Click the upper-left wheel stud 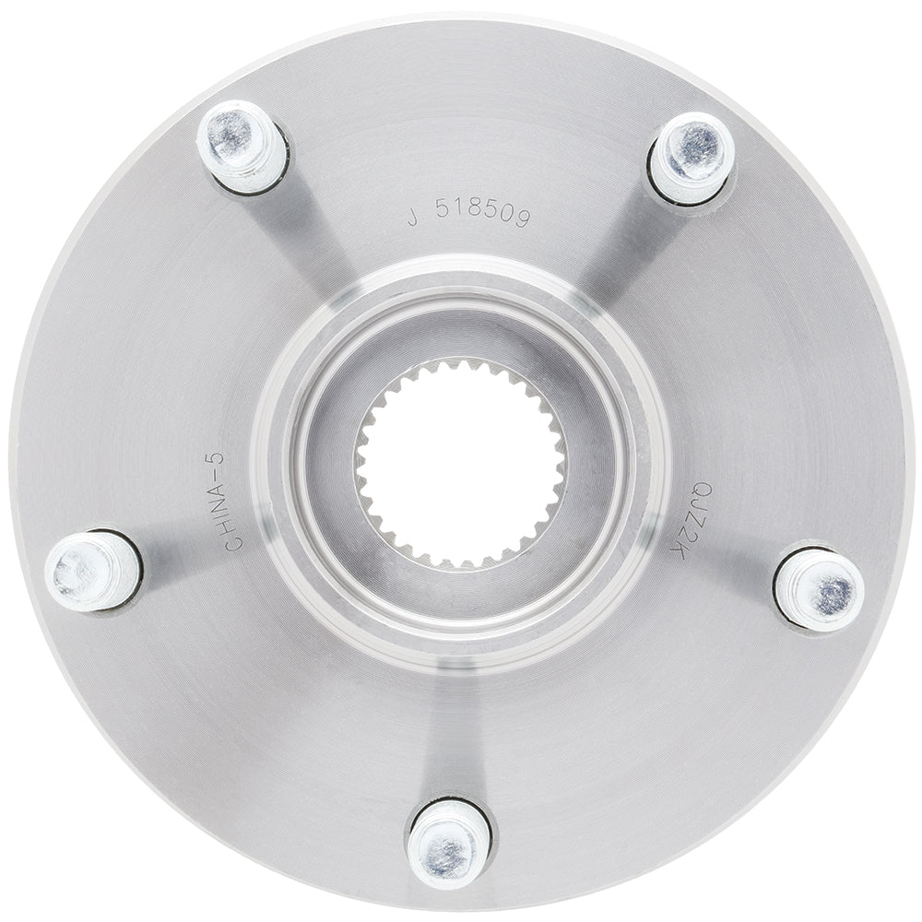[242, 147]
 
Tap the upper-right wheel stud [691, 156]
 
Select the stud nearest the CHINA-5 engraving [92, 571]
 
